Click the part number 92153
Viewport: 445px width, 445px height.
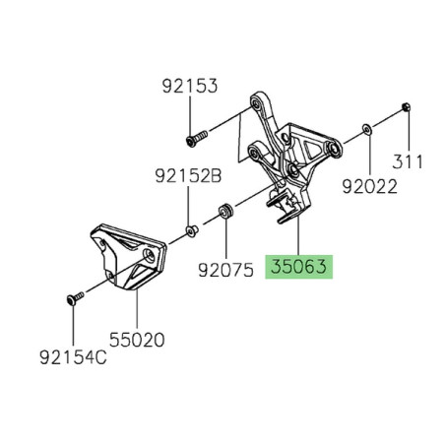coord(191,88)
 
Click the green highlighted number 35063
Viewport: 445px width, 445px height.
coord(300,266)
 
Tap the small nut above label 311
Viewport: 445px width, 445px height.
coord(406,104)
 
